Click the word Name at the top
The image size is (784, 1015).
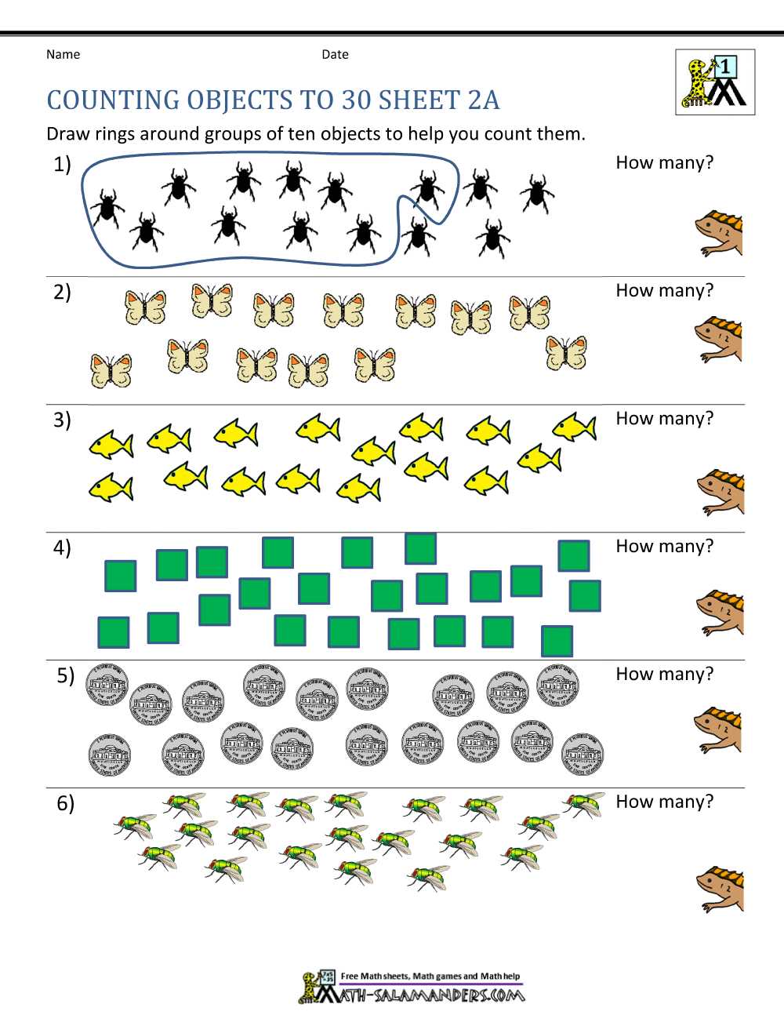point(63,54)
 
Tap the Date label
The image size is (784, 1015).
point(335,54)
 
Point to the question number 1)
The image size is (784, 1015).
point(62,165)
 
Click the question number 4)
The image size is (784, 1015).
point(62,548)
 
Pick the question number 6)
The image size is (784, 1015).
point(65,803)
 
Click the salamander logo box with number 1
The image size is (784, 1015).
point(715,82)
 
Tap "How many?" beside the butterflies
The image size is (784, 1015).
point(665,290)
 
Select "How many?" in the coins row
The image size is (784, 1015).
point(665,674)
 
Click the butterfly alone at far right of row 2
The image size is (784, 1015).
point(566,353)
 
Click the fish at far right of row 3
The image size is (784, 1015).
point(575,427)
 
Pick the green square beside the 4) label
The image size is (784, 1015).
point(121,576)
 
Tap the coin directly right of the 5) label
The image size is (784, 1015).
point(107,684)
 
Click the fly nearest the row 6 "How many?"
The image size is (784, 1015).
point(583,804)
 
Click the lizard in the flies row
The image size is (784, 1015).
point(720,889)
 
